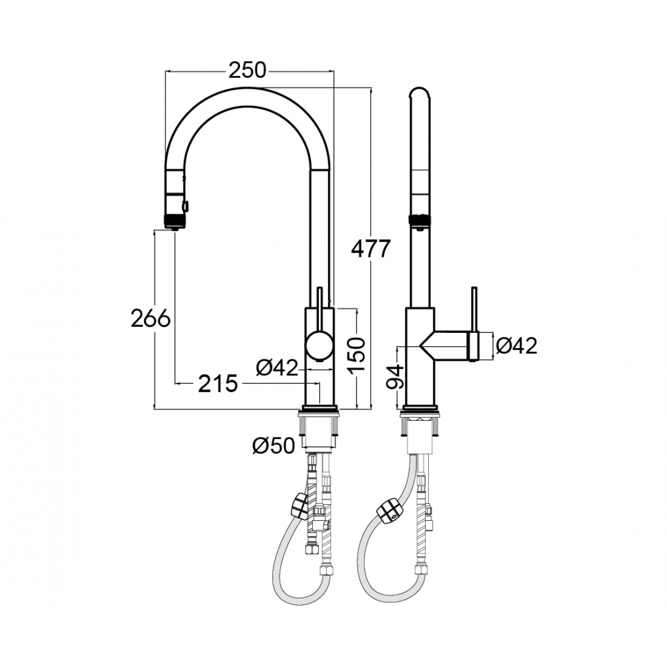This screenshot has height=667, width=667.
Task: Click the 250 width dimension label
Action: (247, 70)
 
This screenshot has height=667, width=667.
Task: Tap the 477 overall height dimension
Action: (370, 249)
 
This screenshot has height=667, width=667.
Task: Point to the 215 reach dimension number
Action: (217, 384)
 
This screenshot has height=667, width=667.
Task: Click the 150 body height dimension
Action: (356, 356)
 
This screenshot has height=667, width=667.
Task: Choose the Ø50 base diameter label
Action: (273, 446)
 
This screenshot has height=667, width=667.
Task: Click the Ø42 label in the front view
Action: (277, 367)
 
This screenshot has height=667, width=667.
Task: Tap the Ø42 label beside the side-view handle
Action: (516, 346)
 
